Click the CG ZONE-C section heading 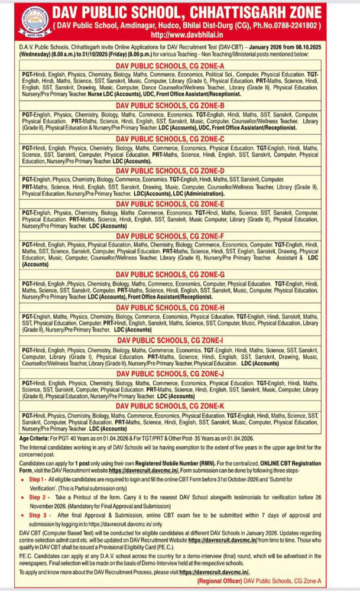(x=180, y=138)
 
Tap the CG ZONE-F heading (x=180, y=236)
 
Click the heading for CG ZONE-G (x=180, y=275)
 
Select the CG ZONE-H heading (x=180, y=307)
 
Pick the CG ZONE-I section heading (x=180, y=340)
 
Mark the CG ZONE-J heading (x=180, y=373)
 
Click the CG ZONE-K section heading (x=180, y=406)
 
